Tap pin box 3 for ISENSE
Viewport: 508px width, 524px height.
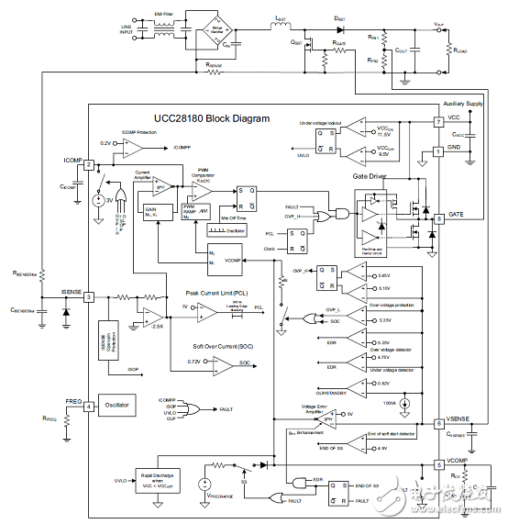pyautogui.click(x=89, y=296)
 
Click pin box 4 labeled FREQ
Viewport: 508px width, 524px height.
pyautogui.click(x=89, y=407)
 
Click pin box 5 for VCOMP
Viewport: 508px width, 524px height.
pyautogui.click(x=439, y=465)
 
